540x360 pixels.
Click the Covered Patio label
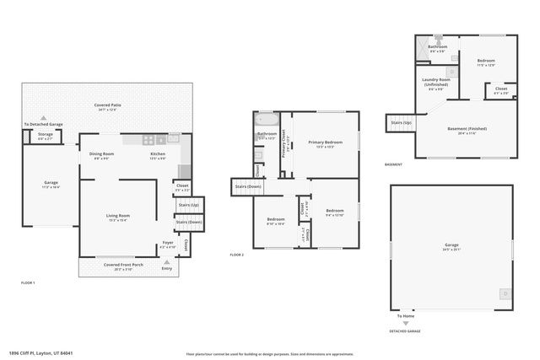[x=106, y=106]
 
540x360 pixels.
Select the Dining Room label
[x=101, y=156]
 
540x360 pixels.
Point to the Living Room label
[x=116, y=218]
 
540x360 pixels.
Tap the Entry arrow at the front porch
[x=165, y=262]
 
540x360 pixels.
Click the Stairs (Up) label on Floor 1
[x=189, y=205]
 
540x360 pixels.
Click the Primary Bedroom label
[x=325, y=143]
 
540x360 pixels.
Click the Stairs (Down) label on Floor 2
[x=248, y=185]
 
